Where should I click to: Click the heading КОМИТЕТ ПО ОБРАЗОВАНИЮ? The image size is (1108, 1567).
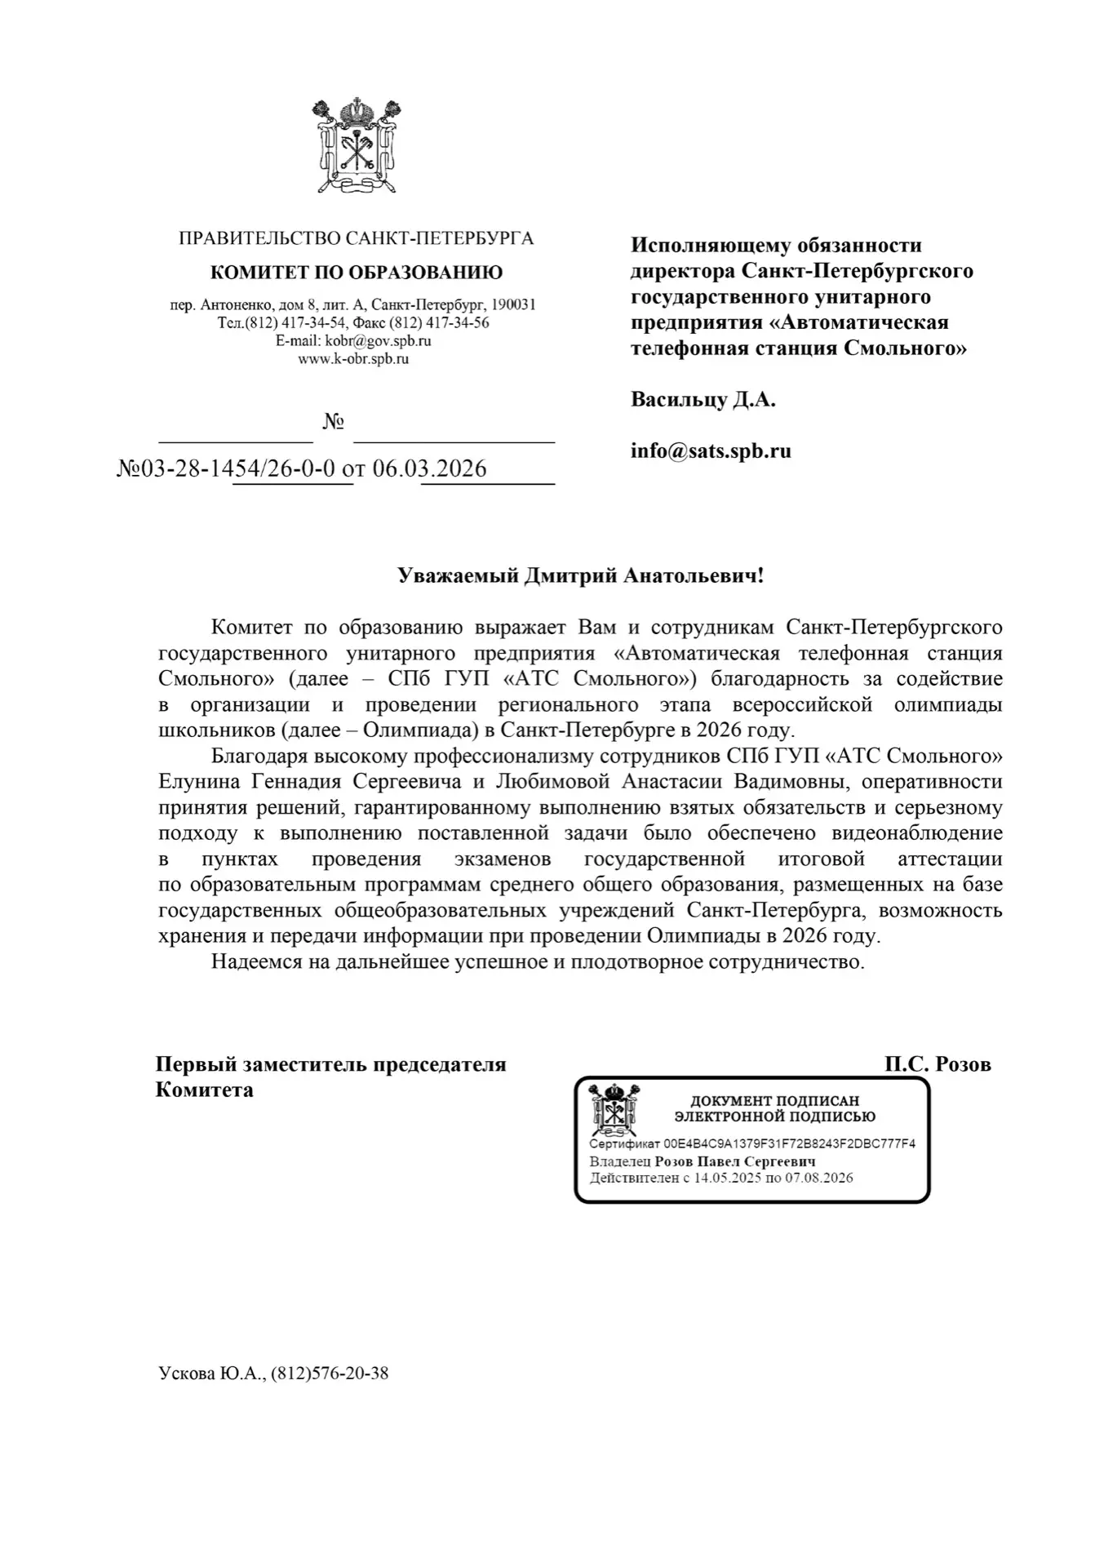[357, 273]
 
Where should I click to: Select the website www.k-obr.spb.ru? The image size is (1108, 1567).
[353, 358]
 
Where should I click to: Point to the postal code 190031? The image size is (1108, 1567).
[513, 305]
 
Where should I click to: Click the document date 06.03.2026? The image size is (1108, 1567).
[429, 468]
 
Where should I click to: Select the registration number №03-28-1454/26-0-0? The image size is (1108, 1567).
[227, 468]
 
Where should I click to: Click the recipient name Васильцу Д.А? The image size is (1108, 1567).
[702, 400]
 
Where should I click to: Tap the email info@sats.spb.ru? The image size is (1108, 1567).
[711, 451]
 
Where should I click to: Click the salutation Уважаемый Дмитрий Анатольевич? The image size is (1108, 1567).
[581, 576]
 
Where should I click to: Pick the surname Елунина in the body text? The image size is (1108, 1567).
[199, 782]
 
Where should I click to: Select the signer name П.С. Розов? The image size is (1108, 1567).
[937, 1064]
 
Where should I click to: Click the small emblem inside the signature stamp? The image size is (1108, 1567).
[614, 1110]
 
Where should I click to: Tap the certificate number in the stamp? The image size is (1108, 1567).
[790, 1143]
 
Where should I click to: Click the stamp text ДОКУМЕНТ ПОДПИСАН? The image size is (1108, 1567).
[775, 1101]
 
